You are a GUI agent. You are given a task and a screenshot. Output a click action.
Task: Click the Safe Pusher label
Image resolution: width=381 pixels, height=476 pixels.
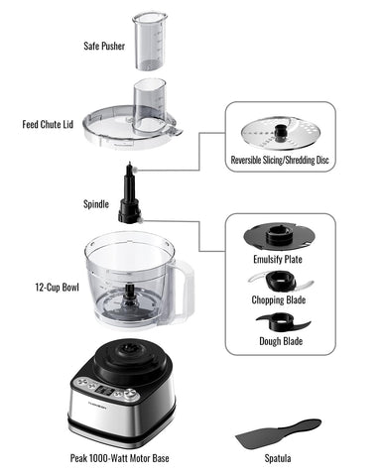tap(104, 46)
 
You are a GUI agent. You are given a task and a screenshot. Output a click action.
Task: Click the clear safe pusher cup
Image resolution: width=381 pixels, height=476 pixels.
tap(150, 40)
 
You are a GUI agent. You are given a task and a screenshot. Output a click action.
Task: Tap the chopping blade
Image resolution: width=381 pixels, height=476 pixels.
tap(281, 282)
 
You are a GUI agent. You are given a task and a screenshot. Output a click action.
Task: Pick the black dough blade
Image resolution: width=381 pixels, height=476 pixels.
tap(282, 323)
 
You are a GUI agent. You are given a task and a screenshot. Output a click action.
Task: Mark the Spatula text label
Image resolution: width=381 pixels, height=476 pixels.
tap(276, 457)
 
